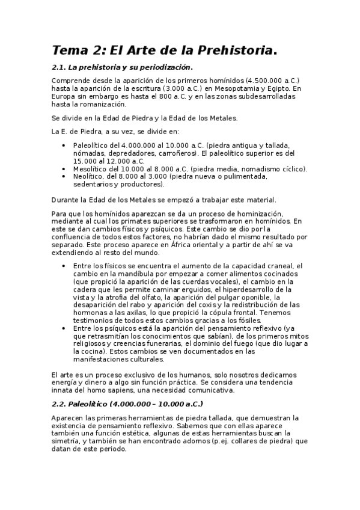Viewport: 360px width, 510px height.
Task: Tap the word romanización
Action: point(102,104)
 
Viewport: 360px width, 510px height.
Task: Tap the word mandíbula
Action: point(123,274)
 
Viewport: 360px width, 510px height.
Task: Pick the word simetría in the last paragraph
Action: point(69,441)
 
